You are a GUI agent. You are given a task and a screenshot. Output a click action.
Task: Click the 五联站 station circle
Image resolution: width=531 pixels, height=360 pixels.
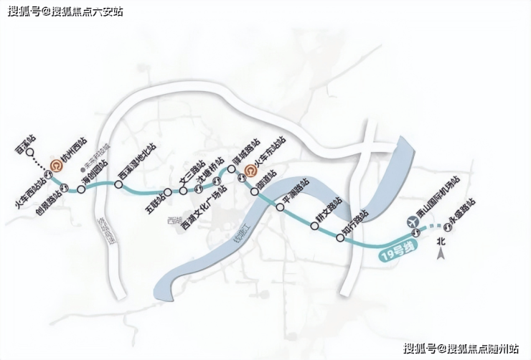tap(166, 192)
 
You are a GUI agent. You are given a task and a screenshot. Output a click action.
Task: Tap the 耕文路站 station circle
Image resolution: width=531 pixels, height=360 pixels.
tap(314, 227)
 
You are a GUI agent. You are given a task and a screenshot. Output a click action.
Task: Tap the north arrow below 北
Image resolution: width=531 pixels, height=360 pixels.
tap(443, 251)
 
